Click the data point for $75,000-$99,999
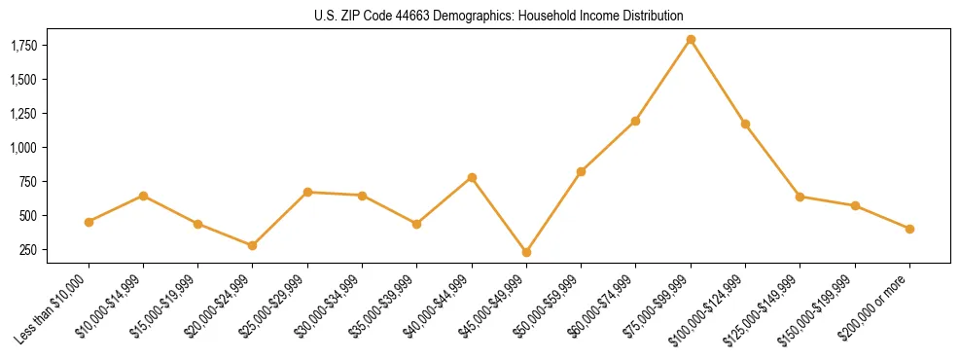691,40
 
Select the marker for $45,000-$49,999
526,252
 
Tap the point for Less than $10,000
89,222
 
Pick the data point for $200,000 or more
909,229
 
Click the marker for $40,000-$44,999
472,177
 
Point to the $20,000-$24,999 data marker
253,245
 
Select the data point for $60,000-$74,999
636,121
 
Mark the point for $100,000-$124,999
745,124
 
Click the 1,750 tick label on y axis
23,45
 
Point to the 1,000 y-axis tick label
23,147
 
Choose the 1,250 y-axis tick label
23,113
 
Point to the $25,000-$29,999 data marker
307,192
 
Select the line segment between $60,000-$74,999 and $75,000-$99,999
663,81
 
